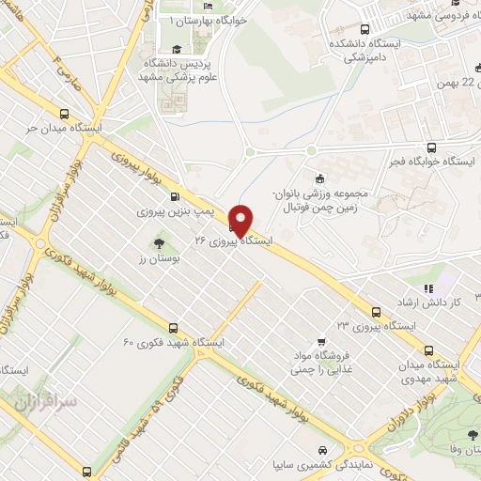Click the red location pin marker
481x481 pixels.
point(241,220)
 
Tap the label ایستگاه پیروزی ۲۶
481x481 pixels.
point(232,241)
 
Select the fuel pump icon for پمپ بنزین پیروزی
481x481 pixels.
point(175,197)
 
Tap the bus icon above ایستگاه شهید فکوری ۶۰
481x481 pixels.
point(173,328)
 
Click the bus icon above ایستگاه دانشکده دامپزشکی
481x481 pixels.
point(363,29)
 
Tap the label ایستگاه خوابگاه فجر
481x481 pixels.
point(433,163)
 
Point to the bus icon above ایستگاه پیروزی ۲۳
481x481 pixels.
point(376,311)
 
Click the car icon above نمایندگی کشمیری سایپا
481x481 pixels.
point(323,449)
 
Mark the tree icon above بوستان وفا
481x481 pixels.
point(471,434)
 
